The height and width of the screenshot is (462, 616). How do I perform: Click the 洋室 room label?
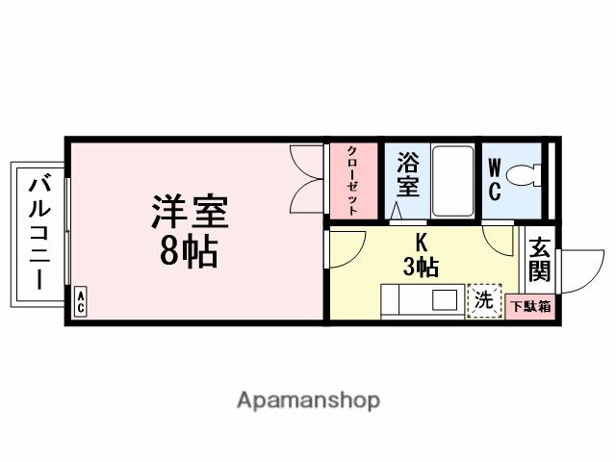(x=193, y=212)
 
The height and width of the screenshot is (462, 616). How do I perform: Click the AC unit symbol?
(x=81, y=301)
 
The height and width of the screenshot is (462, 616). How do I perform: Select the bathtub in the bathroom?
(x=451, y=181)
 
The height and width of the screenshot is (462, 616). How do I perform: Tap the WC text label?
(x=494, y=180)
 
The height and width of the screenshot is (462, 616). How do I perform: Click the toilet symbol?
(x=526, y=177)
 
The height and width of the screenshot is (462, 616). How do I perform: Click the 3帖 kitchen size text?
(x=421, y=268)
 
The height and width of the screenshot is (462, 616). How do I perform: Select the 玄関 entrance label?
(x=540, y=260)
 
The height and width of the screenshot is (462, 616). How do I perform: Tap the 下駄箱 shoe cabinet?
(x=530, y=307)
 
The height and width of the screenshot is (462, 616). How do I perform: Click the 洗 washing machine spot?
(x=484, y=300)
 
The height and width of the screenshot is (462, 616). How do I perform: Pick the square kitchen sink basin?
(x=444, y=298)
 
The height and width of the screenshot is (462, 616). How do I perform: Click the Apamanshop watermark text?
(x=308, y=399)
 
